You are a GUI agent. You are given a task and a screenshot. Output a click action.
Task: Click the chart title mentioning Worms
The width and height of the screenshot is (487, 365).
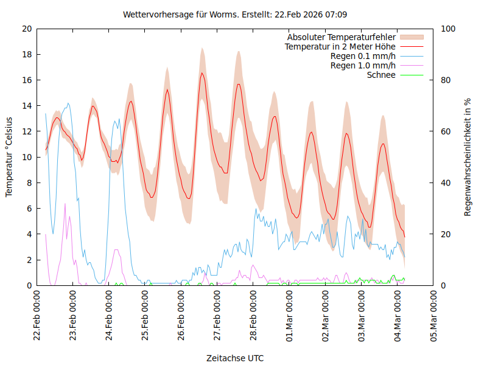(x=235, y=14)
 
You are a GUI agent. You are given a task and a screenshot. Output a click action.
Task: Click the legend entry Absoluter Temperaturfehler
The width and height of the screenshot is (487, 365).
(x=342, y=37)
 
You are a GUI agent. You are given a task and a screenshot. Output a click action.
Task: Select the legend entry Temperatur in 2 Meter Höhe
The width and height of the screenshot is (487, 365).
(x=340, y=46)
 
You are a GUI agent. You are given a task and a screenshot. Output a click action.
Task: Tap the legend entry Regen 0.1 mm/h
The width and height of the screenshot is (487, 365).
(x=363, y=56)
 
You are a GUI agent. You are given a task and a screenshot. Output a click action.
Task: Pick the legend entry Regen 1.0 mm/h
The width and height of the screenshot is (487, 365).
(x=363, y=66)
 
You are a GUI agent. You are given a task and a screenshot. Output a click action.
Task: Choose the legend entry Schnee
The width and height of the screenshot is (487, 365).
(x=381, y=75)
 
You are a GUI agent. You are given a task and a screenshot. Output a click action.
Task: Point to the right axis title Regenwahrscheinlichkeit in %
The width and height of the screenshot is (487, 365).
(x=468, y=157)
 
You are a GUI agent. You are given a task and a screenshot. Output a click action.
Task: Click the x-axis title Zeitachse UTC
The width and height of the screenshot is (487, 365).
(x=235, y=358)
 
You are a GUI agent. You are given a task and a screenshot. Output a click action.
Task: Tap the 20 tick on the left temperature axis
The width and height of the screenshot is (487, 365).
(x=26, y=29)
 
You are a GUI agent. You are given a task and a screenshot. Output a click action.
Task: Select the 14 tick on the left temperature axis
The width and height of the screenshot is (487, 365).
(x=26, y=106)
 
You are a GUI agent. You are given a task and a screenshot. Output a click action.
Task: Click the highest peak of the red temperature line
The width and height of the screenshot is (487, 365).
(x=202, y=73)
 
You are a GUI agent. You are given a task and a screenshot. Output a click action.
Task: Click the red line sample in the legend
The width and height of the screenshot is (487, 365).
(x=411, y=46)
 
